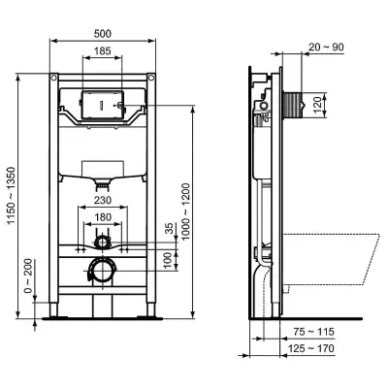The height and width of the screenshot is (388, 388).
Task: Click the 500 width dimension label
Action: coord(103,34)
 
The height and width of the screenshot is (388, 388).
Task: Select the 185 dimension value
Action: coord(103,50)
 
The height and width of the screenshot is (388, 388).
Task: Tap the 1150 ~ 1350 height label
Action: coord(12,195)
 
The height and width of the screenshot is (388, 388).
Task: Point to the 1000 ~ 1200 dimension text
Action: coord(186,211)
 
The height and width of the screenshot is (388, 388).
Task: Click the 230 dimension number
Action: coord(103,201)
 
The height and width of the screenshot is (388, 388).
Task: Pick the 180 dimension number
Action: coord(103,217)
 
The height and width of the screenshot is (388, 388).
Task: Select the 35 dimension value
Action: coord(169,228)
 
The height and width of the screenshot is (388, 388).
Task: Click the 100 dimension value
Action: coord(167,261)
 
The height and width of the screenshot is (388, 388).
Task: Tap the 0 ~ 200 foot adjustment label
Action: coord(28,275)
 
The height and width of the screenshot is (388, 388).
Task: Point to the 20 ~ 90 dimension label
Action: coord(326,48)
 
